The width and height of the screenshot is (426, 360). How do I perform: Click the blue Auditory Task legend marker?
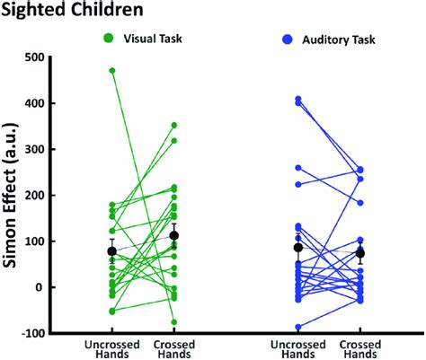(x=286, y=40)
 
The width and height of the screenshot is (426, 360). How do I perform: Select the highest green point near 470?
(x=111, y=70)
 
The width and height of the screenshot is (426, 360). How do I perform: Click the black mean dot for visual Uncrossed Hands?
(x=111, y=251)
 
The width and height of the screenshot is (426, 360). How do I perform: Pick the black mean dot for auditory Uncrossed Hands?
(x=298, y=248)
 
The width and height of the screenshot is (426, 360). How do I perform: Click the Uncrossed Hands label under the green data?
(x=111, y=349)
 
